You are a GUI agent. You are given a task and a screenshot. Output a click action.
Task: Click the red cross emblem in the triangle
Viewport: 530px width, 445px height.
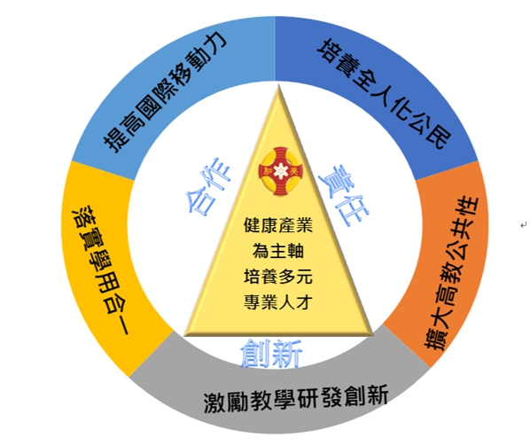(x=281, y=171)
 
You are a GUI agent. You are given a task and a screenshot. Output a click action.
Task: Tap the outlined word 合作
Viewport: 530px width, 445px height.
(x=208, y=185)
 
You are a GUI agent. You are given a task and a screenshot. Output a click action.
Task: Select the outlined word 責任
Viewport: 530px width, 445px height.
(x=344, y=195)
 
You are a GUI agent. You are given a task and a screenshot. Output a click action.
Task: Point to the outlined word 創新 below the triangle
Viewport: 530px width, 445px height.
(x=271, y=354)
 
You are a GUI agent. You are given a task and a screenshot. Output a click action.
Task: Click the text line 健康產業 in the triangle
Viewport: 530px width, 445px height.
(x=278, y=225)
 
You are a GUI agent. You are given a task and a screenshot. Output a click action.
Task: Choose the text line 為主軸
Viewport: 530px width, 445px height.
(x=278, y=251)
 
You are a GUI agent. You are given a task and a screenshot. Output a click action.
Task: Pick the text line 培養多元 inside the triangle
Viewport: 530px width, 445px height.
(x=278, y=277)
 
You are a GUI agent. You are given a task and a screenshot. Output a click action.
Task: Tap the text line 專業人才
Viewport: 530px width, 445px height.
(x=278, y=301)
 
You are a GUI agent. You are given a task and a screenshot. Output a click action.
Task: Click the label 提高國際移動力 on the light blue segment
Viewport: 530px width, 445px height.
(x=165, y=91)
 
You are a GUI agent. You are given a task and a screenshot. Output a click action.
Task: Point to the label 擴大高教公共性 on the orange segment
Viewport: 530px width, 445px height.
(x=451, y=273)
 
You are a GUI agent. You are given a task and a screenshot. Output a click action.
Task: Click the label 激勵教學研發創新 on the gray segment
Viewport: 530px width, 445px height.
(x=296, y=398)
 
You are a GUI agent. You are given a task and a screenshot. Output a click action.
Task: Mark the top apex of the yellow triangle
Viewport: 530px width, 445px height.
(x=278, y=86)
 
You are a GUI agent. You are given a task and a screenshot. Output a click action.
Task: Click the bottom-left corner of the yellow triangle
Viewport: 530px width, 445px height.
(x=184, y=335)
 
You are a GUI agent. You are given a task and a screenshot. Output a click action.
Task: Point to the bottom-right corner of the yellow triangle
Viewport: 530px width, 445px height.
(x=373, y=335)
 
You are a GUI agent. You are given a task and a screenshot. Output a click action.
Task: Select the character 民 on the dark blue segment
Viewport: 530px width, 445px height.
(x=439, y=137)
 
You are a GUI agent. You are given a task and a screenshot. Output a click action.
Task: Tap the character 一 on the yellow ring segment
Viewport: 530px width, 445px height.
(x=122, y=325)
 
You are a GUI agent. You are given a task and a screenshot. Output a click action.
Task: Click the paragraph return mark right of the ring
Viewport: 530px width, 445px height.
(x=523, y=225)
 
